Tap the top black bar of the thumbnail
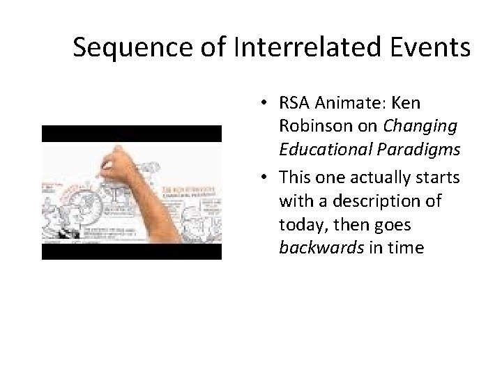click(x=131, y=134)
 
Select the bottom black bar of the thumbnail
click(x=131, y=251)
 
